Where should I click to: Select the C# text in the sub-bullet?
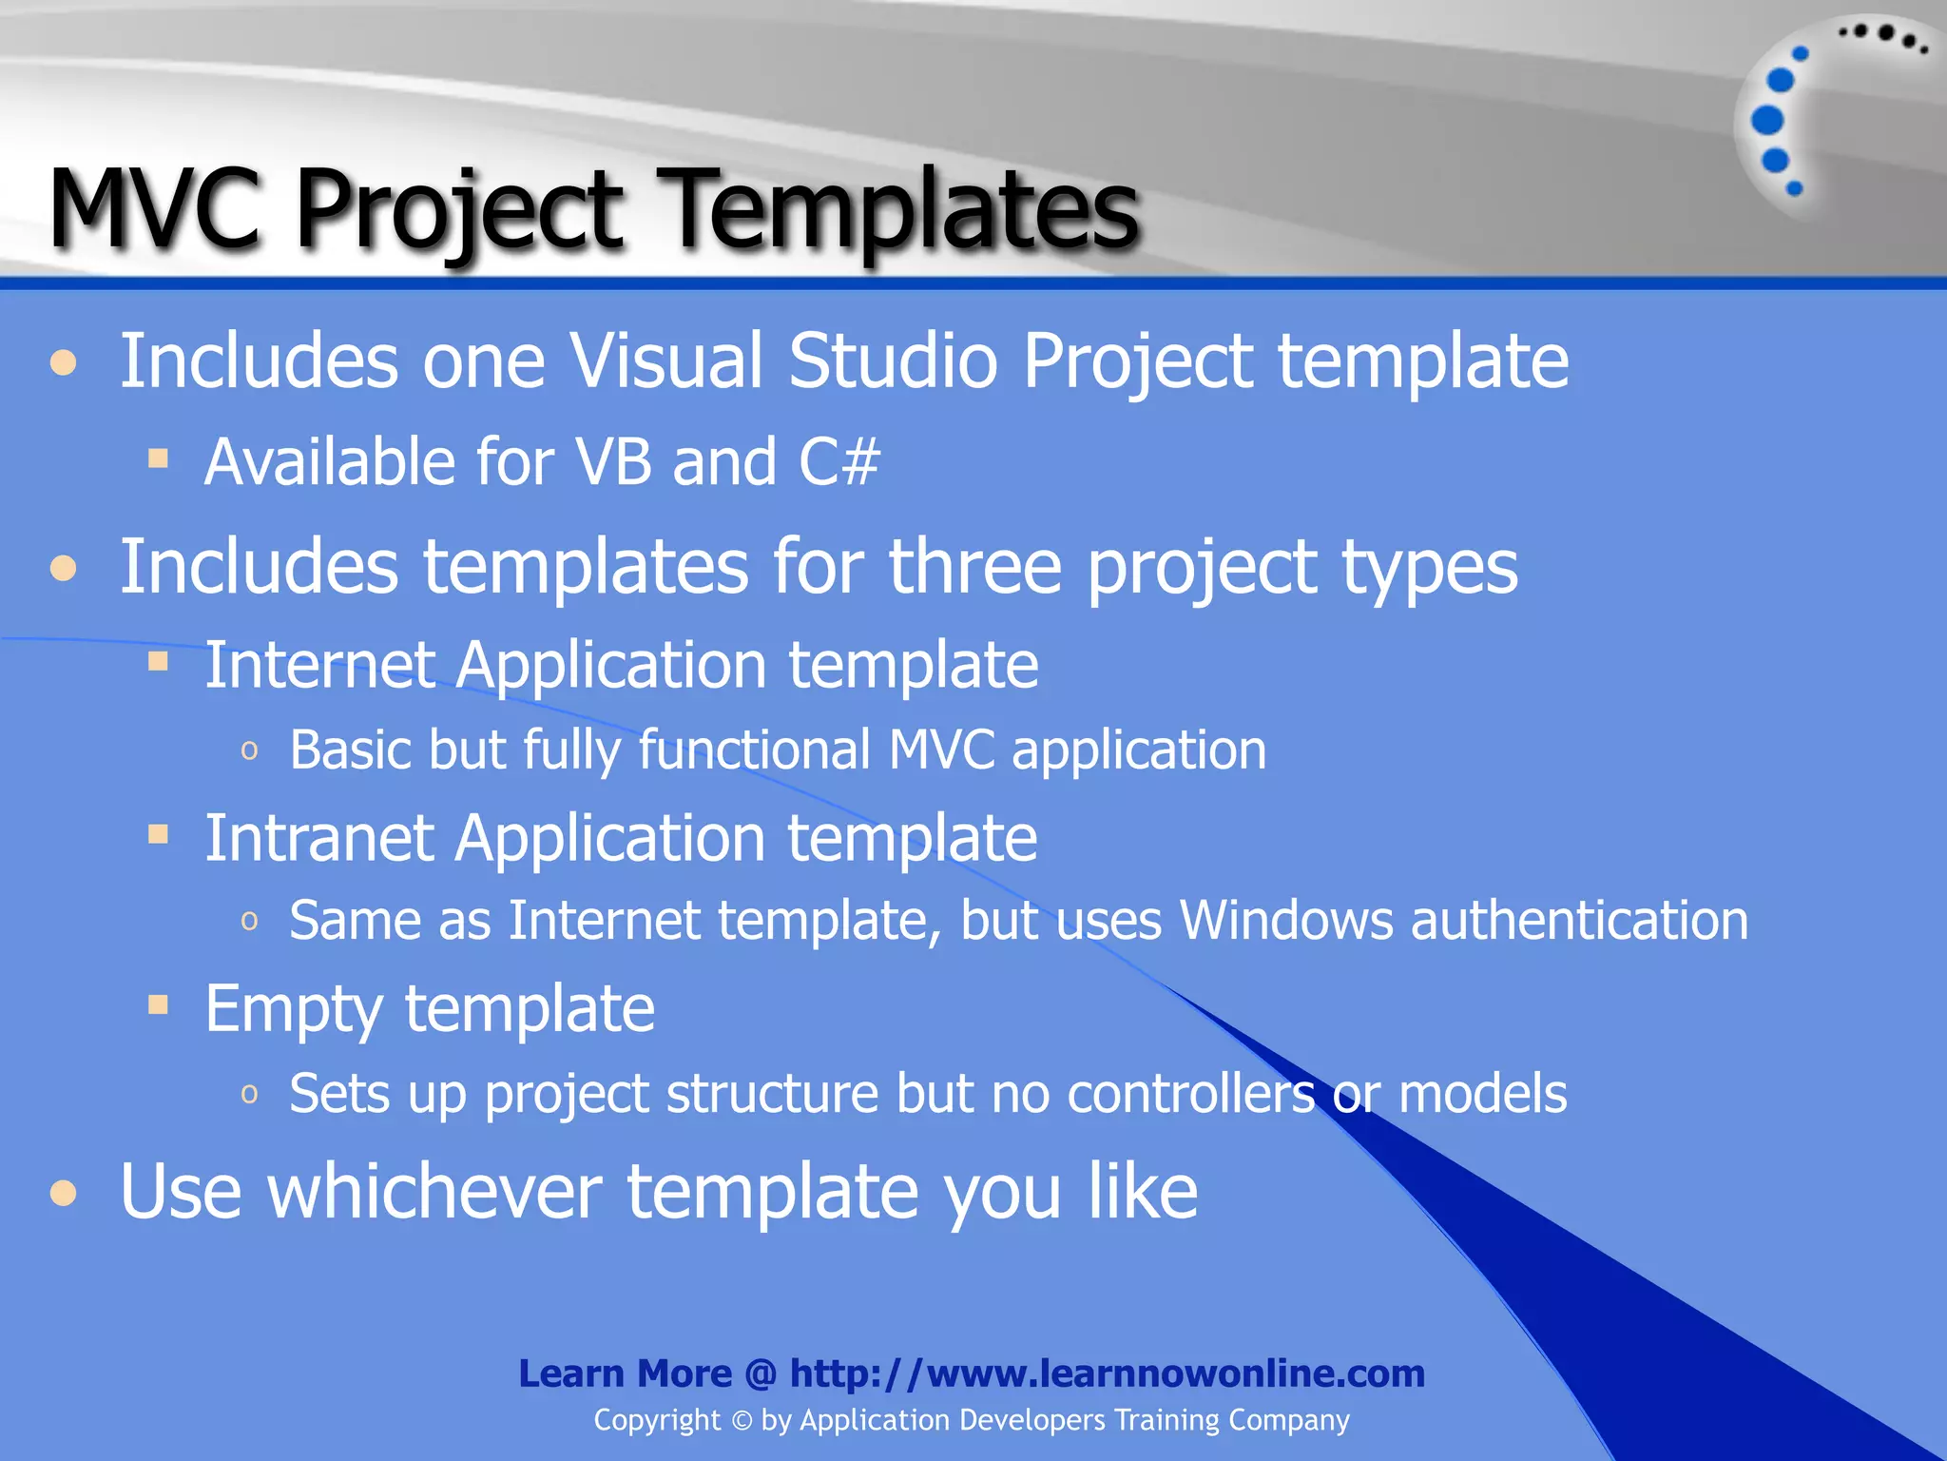(839, 462)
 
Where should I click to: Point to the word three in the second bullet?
(974, 567)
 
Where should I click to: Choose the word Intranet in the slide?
(319, 838)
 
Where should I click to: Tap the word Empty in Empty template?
(294, 1010)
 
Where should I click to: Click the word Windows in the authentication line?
(1285, 921)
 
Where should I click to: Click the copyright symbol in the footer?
(742, 1421)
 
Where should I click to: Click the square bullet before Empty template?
(158, 1004)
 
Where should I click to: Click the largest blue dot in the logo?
(1767, 121)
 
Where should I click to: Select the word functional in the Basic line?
(755, 750)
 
